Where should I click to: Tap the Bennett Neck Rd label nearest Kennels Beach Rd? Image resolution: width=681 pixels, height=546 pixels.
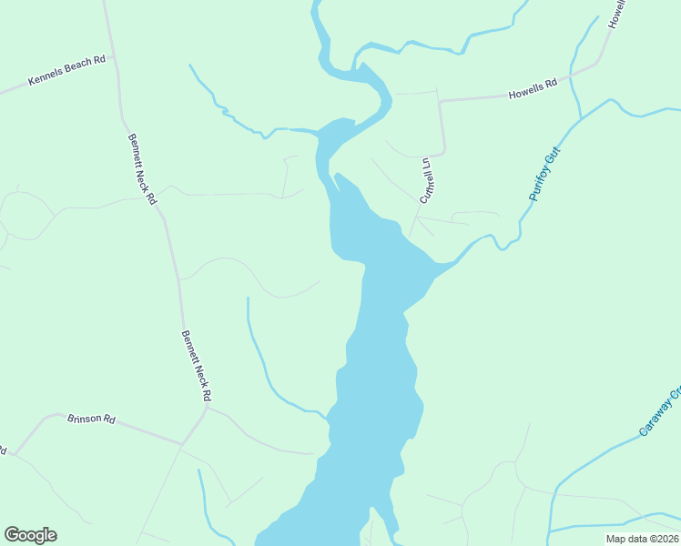(142, 168)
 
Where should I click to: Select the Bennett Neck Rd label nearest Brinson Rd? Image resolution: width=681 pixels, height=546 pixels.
(196, 366)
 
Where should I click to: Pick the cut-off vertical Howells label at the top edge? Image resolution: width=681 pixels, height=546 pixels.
(616, 14)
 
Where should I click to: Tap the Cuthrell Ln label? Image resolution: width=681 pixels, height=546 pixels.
(424, 180)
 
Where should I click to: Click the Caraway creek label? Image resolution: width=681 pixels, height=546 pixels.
(661, 412)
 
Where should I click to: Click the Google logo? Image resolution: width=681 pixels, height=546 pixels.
(30, 535)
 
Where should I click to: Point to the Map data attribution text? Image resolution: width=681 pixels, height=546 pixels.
(643, 539)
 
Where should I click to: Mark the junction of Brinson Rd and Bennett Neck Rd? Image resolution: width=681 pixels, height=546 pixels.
(206, 408)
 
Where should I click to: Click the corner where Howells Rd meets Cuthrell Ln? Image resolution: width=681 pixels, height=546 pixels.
(441, 102)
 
